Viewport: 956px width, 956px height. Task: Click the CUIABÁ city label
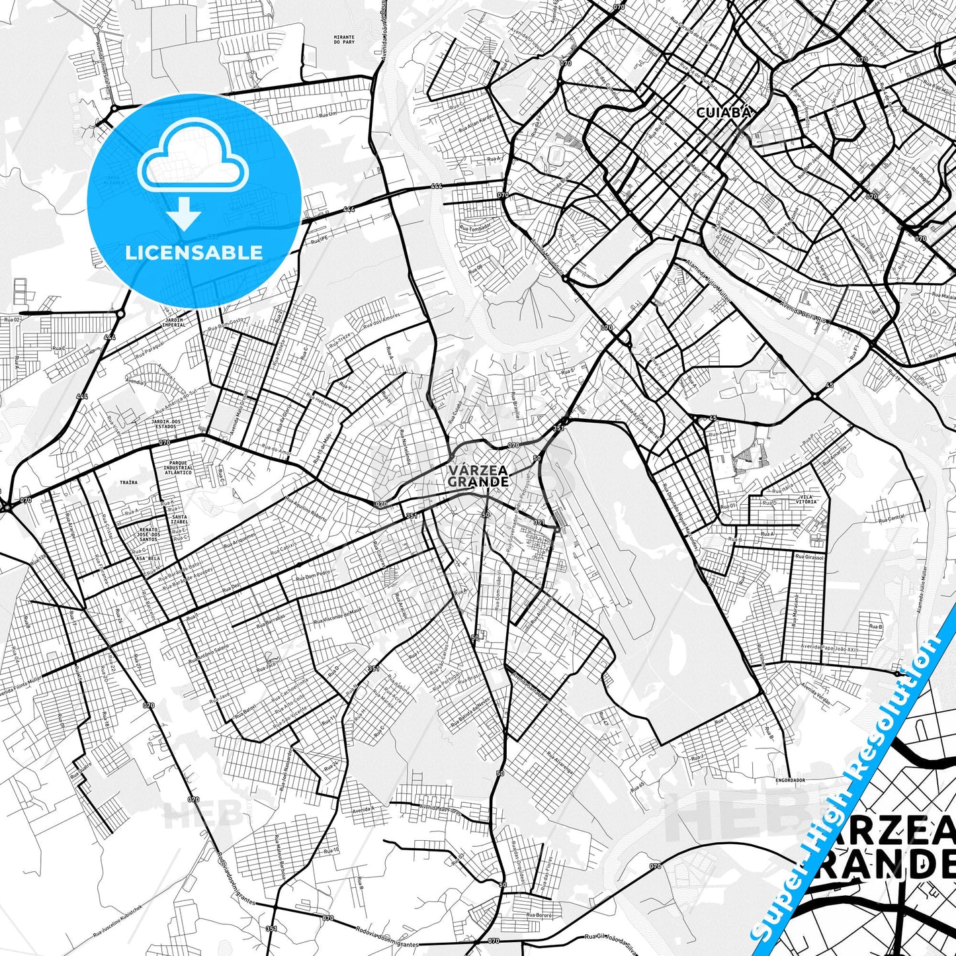(723, 113)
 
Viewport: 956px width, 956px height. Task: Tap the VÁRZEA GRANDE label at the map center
(478, 476)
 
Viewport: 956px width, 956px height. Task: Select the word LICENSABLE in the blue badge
(194, 252)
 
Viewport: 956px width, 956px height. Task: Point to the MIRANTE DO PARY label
(344, 40)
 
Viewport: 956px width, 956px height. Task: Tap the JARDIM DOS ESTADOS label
(166, 424)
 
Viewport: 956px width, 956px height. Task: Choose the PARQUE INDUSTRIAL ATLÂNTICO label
(178, 468)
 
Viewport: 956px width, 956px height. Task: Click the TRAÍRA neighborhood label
(128, 482)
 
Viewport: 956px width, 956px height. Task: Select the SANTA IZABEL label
(179, 519)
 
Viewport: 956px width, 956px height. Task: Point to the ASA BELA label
(148, 558)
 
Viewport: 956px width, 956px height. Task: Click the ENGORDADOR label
(790, 780)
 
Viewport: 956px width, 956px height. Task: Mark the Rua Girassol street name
(809, 558)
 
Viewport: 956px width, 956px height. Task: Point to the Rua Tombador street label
(476, 227)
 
